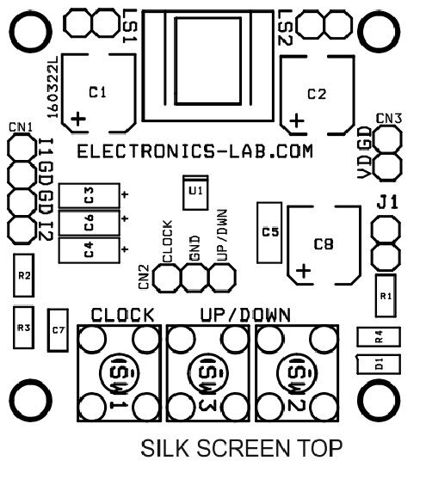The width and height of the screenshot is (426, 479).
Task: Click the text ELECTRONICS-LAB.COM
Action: click(x=194, y=151)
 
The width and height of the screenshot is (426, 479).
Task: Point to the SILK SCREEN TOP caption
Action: click(x=241, y=448)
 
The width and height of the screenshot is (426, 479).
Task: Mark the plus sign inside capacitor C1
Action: click(x=78, y=119)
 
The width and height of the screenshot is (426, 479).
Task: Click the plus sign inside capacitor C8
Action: click(x=304, y=271)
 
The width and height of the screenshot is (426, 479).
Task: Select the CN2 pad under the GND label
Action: click(x=194, y=278)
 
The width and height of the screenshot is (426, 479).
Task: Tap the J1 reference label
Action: click(x=387, y=202)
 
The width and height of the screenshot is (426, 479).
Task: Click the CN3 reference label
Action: click(x=389, y=119)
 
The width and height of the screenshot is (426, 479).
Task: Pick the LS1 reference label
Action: click(x=129, y=26)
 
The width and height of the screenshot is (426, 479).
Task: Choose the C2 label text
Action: click(x=317, y=95)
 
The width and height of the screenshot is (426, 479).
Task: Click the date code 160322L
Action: click(x=52, y=87)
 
